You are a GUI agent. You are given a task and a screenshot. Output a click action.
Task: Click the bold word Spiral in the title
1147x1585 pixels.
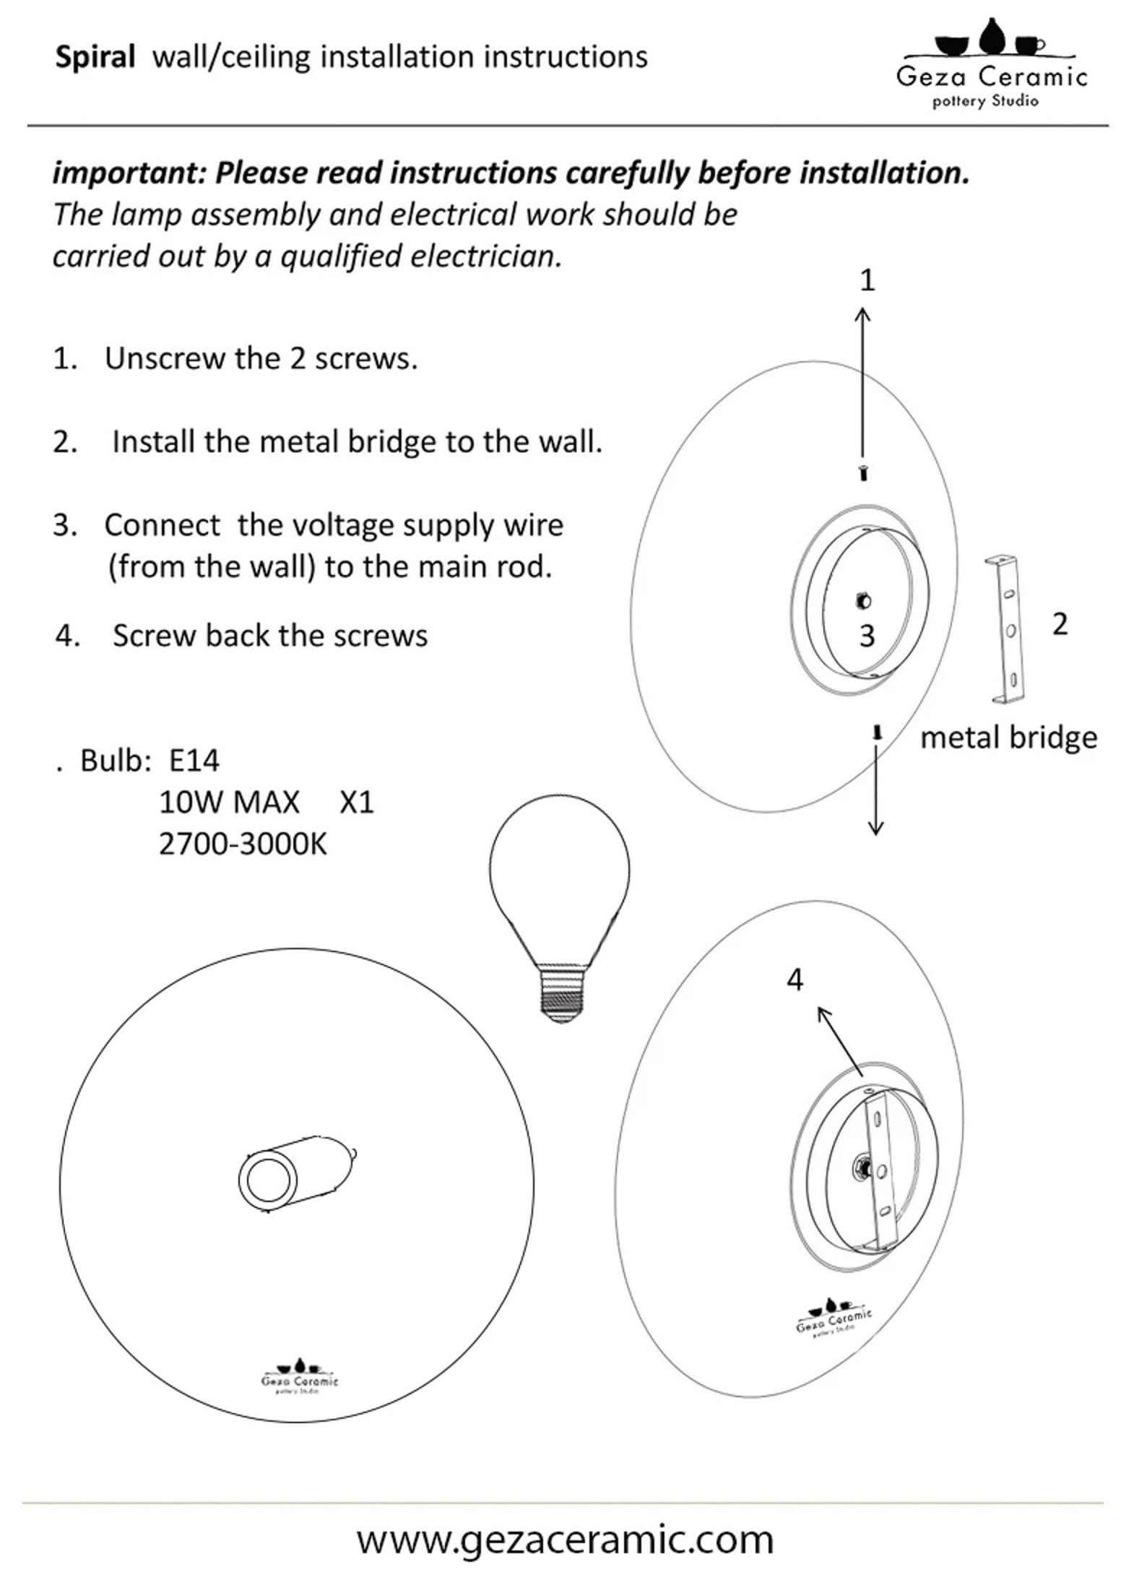tap(95, 58)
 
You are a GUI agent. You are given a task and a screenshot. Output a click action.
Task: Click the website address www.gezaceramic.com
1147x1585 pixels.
tap(565, 1540)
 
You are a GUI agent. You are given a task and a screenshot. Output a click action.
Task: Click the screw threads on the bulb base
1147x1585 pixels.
tap(563, 998)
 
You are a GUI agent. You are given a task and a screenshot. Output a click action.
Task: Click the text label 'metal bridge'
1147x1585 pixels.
tap(1008, 738)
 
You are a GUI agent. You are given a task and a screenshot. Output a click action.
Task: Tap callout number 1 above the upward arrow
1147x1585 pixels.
tap(867, 280)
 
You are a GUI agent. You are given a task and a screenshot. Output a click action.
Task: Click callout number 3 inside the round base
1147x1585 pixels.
tap(867, 636)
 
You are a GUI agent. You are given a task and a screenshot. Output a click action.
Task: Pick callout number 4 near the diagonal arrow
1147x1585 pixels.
tap(795, 980)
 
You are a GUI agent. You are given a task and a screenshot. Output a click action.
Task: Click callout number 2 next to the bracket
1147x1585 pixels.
tap(1060, 624)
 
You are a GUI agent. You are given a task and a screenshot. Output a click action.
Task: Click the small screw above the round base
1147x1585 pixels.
tap(864, 474)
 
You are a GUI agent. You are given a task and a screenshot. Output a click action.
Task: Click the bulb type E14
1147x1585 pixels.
tap(194, 761)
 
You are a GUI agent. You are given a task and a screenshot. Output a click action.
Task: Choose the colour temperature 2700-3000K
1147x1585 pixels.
tap(243, 844)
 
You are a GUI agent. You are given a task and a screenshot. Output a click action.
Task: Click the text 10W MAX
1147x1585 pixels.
tap(229, 803)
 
